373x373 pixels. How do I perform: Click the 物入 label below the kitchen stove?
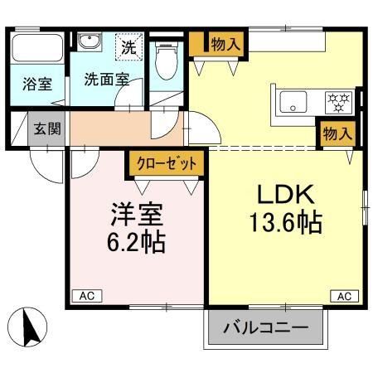click(x=337, y=133)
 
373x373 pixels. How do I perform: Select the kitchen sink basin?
click(x=293, y=103)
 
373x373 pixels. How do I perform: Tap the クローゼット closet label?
click(x=164, y=162)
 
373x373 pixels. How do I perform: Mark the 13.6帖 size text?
click(x=284, y=222)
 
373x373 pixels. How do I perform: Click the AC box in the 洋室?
click(x=86, y=295)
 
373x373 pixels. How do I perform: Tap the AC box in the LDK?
click(x=344, y=295)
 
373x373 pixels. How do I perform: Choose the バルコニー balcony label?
click(x=264, y=328)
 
